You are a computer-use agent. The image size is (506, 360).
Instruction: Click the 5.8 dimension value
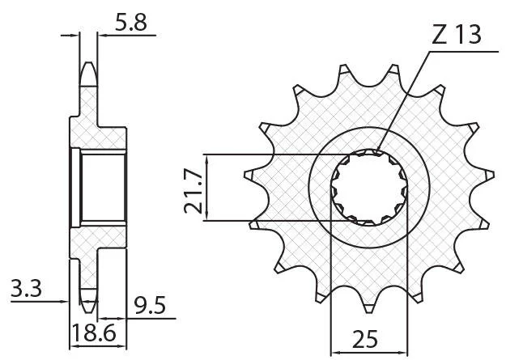130,23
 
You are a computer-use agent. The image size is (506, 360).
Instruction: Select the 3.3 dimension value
26,288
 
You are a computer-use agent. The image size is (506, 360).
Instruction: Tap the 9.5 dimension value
150,306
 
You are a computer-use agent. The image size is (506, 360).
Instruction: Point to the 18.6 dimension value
94,333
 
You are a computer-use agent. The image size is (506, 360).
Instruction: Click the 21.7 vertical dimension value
193,191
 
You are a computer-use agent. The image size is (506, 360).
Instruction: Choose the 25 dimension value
365,339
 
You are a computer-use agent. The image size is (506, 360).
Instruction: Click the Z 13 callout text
457,35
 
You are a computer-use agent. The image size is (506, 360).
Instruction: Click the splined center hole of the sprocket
369,188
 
